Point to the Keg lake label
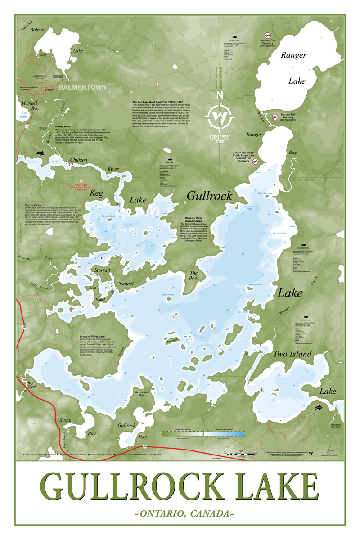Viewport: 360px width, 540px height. point(97,193)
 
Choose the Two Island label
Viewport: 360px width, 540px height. point(292,354)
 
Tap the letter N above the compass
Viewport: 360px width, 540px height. point(219,95)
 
